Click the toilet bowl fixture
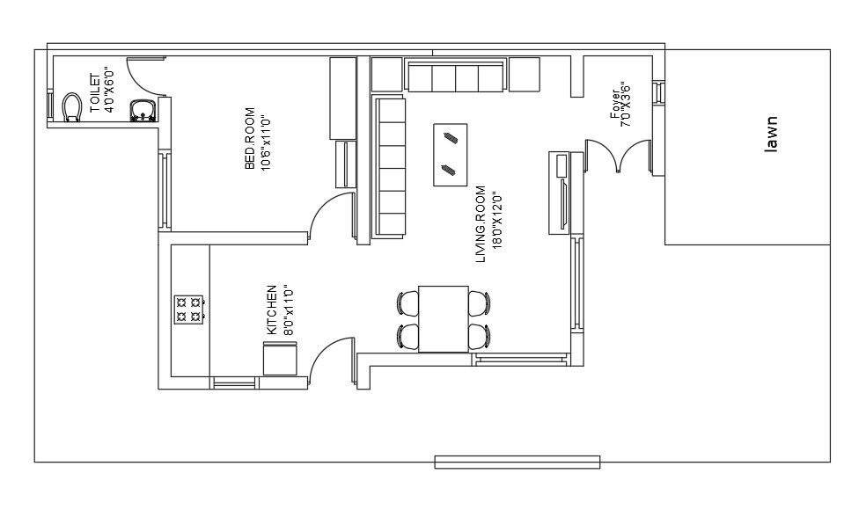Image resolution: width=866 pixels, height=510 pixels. pos(72,106)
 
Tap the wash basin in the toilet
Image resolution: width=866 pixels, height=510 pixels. pos(143,110)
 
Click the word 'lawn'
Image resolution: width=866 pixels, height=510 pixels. pos(771,135)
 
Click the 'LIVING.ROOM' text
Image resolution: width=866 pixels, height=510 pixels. pos(481,223)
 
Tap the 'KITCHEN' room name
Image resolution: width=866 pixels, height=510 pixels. pos(272,310)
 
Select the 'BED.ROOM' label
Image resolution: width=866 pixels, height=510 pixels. pos(250,138)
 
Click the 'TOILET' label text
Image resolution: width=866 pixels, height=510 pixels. pos(96,92)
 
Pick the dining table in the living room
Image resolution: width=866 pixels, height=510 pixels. pos(444,319)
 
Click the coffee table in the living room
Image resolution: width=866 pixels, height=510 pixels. pos(450,155)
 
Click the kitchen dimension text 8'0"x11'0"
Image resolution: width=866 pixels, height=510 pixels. pos(288,310)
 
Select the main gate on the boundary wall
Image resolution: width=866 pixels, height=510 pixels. pos(517,462)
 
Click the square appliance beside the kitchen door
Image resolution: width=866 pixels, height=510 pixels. pos(280,359)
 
